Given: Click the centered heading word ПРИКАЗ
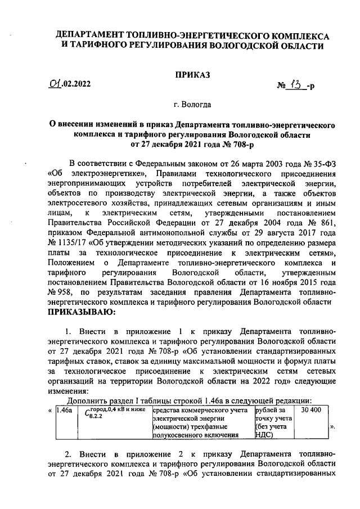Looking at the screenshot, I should point(193,74).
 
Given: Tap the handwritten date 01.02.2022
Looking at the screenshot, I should point(69,85).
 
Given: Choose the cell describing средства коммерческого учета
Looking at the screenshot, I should point(202,422).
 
